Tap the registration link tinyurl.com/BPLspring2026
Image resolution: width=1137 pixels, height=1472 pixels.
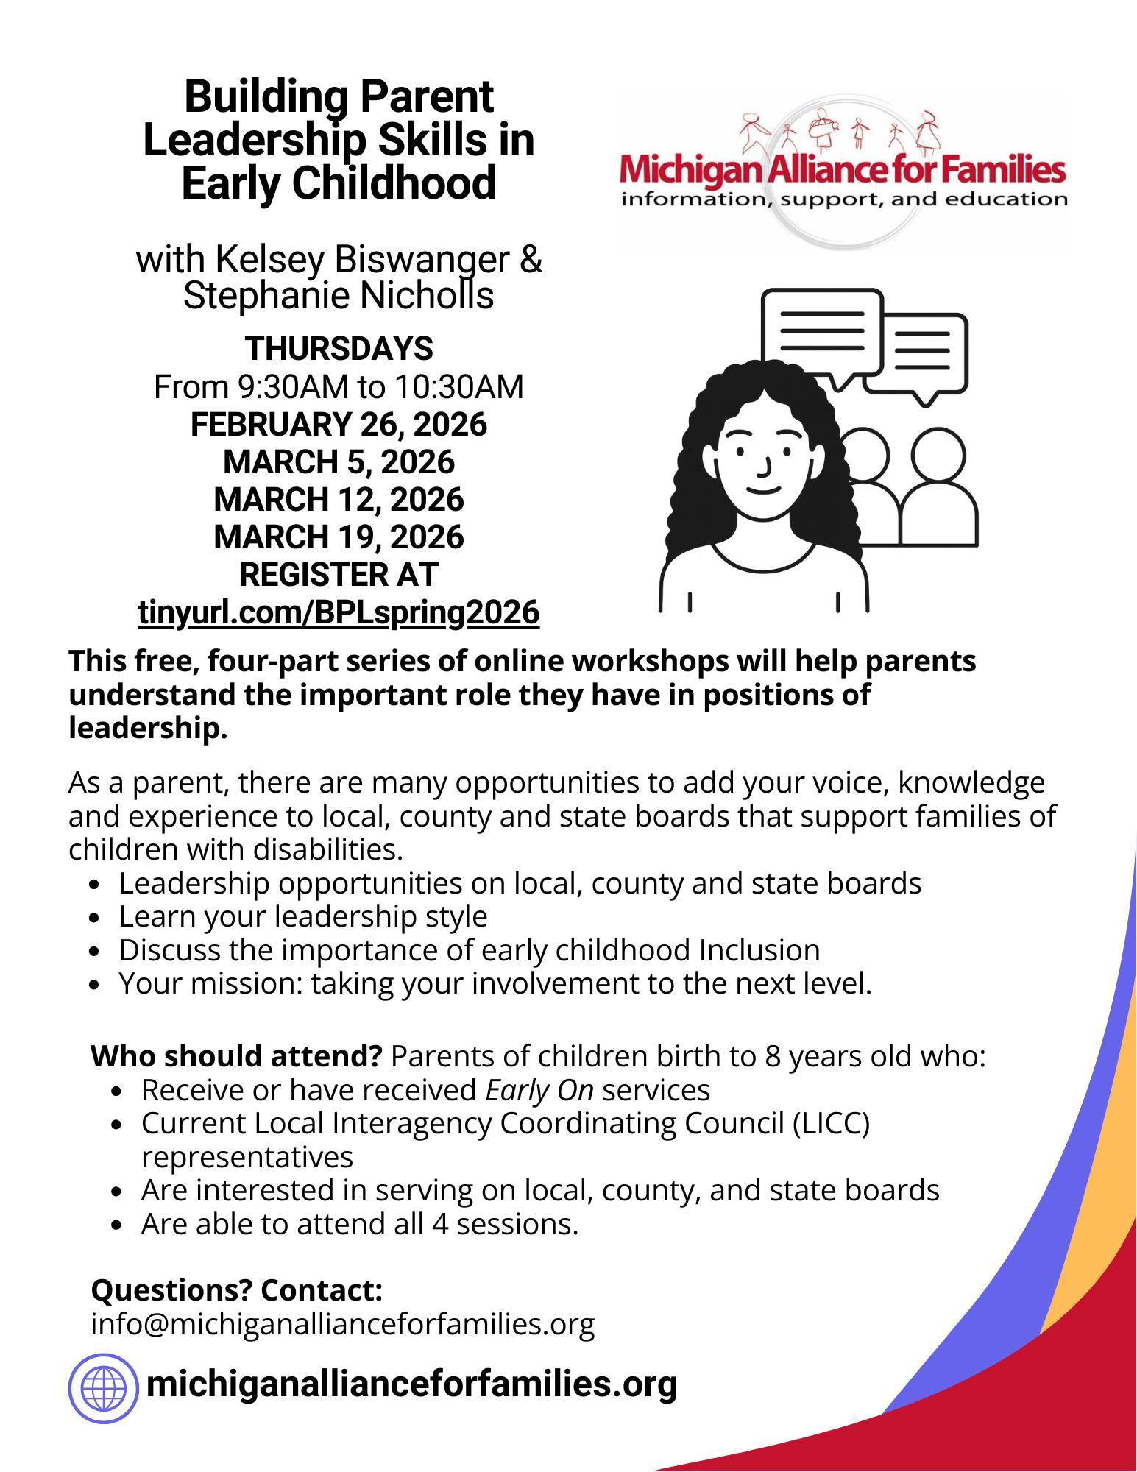click(339, 612)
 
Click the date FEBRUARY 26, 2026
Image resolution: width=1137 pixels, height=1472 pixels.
click(339, 425)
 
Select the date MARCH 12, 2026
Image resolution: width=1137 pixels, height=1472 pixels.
click(339, 500)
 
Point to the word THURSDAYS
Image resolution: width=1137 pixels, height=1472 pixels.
click(339, 349)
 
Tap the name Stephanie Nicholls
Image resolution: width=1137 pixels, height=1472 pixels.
click(339, 296)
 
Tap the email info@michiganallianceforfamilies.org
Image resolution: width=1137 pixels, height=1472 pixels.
click(342, 1324)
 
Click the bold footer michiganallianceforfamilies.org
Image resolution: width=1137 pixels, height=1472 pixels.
click(411, 1384)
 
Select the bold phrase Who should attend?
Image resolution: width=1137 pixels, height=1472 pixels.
click(236, 1056)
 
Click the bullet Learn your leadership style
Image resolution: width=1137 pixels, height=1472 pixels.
click(302, 917)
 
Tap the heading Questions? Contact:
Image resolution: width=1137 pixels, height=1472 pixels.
click(236, 1290)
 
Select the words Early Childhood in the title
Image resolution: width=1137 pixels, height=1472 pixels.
click(339, 183)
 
